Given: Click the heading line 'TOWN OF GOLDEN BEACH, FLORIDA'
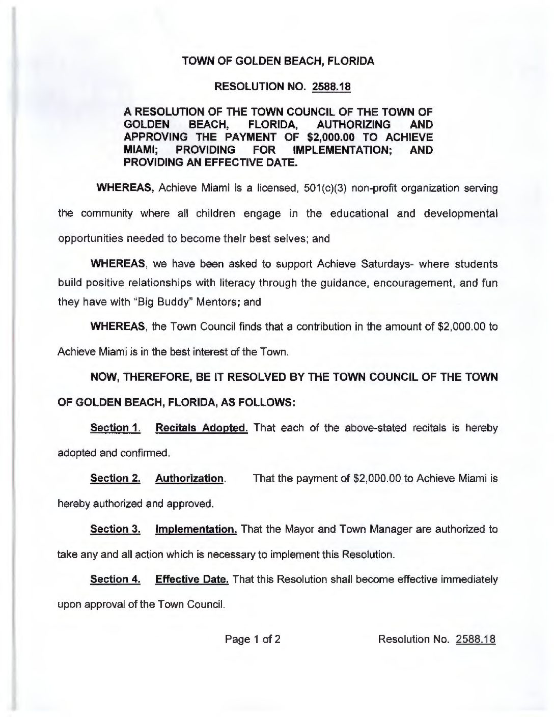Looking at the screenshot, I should point(278,62).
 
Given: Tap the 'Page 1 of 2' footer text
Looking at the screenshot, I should point(253,639).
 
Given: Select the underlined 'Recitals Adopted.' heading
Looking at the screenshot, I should point(202,428).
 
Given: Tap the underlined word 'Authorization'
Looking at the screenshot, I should point(189,479).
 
